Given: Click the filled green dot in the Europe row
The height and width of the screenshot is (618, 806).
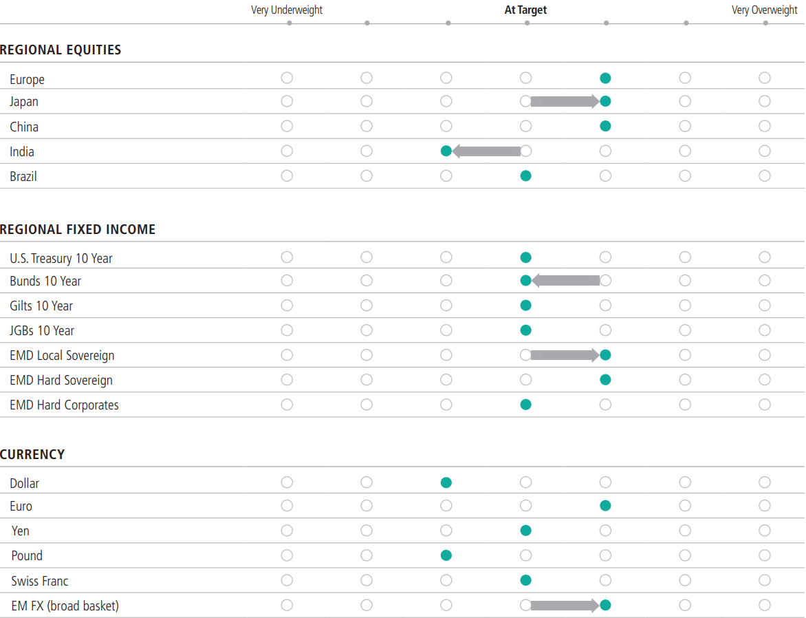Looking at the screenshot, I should (605, 78).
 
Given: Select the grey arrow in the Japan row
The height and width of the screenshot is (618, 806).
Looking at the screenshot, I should (565, 102).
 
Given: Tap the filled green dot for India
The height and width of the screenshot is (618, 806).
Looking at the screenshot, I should (446, 151).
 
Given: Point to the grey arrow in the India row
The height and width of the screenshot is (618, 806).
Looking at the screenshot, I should (487, 151).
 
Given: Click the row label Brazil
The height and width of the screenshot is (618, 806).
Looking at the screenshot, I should (23, 177).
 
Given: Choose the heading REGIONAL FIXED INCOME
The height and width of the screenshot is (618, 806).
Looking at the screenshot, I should (78, 230).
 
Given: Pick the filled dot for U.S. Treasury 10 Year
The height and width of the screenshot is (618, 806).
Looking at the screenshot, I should (526, 257).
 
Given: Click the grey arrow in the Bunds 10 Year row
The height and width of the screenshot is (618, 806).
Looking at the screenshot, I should (566, 281).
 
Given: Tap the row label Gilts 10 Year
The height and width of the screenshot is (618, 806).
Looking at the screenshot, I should (41, 306).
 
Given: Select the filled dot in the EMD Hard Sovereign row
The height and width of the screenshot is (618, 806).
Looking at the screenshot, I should (605, 379).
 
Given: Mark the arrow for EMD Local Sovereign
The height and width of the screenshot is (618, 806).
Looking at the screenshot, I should (565, 356).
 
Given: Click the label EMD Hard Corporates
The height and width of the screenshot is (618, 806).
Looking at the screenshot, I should (64, 405).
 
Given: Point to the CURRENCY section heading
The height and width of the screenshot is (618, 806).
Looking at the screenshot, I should (32, 455).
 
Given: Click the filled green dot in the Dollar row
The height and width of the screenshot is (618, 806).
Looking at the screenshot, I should (446, 482).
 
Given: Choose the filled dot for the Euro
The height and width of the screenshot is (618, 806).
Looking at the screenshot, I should (605, 506).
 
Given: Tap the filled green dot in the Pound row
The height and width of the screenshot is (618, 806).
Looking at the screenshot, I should (446, 555).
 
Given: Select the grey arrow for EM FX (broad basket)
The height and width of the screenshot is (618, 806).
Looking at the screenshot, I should (565, 606).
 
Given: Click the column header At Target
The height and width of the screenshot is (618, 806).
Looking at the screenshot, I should (526, 10).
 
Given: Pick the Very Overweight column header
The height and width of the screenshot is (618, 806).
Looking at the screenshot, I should (765, 10).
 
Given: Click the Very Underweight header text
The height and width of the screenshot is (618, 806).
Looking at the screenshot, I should (287, 10).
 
